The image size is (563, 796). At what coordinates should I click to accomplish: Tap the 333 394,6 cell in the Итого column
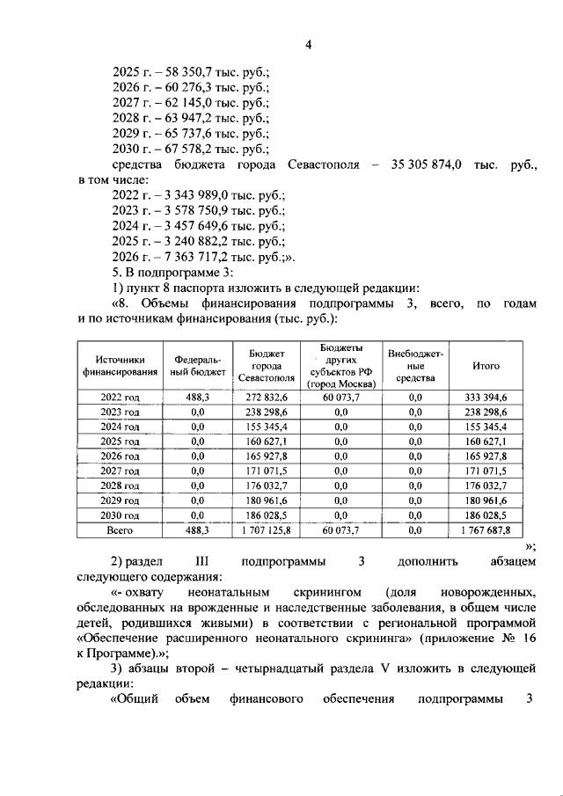[x=486, y=398]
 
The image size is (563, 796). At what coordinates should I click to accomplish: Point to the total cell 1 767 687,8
[x=486, y=531]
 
